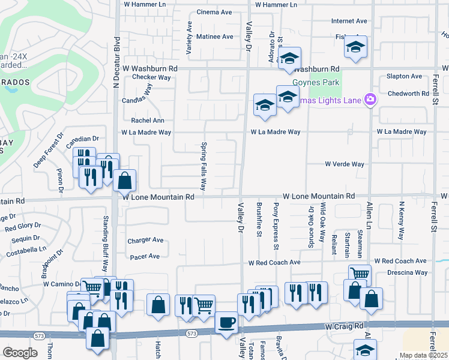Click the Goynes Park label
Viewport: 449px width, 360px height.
(316, 83)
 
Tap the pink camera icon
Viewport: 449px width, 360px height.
(370, 99)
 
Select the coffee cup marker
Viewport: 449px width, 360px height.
(226, 323)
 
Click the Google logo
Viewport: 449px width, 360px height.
(20, 353)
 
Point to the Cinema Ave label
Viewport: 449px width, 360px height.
(214, 12)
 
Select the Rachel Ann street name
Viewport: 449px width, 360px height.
(143, 120)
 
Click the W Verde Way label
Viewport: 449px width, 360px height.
(345, 164)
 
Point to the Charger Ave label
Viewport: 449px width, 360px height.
(145, 240)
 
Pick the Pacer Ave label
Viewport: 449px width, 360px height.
(145, 256)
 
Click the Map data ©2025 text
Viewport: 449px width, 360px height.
(423, 355)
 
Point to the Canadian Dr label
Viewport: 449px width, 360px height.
(82, 139)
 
